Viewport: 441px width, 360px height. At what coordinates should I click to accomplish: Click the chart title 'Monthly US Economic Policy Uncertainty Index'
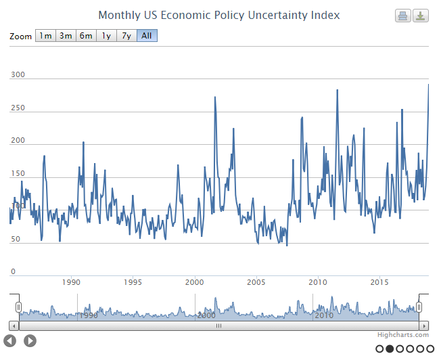(x=219, y=15)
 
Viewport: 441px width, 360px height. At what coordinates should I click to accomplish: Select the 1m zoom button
(x=45, y=36)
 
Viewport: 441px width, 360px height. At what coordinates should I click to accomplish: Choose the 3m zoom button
(x=66, y=36)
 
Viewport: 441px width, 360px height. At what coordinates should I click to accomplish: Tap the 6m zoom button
(x=86, y=36)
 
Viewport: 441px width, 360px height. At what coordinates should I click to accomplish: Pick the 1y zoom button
(x=106, y=36)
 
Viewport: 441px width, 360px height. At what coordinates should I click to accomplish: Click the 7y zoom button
(x=126, y=36)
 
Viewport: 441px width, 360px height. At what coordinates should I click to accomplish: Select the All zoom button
(x=147, y=36)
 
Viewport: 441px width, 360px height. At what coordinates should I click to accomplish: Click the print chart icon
(x=402, y=16)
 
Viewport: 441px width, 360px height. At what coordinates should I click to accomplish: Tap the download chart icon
(x=421, y=16)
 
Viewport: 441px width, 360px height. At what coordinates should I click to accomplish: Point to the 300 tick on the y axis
(x=18, y=75)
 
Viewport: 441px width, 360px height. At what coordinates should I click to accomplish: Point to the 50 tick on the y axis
(x=16, y=240)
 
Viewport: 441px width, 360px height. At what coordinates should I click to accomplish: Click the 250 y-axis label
(x=18, y=108)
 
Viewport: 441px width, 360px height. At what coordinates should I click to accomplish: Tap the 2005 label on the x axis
(x=256, y=282)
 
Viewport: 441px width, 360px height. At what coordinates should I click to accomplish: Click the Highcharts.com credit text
(x=403, y=334)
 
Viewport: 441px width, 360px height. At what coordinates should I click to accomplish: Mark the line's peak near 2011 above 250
(x=337, y=90)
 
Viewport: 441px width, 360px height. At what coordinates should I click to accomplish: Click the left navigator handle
(x=19, y=307)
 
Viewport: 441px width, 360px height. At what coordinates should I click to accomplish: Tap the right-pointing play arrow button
(x=30, y=340)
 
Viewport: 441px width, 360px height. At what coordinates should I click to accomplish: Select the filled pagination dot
(x=390, y=348)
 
